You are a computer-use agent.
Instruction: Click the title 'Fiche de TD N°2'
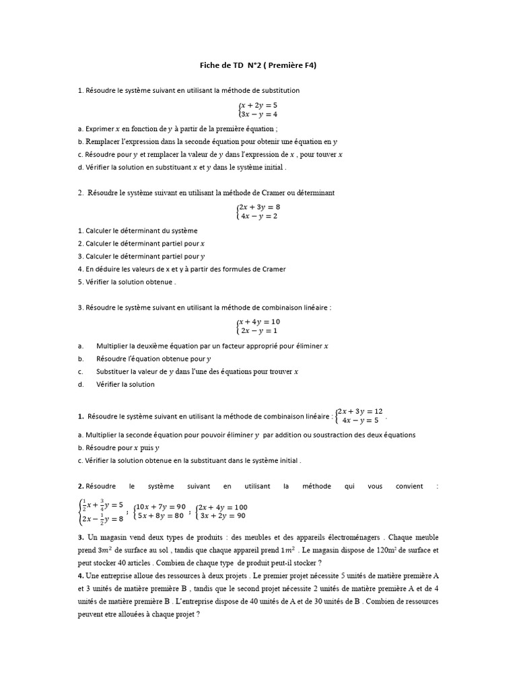tap(258, 65)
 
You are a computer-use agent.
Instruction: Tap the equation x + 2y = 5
tap(258, 105)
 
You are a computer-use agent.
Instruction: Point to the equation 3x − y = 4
tap(258, 114)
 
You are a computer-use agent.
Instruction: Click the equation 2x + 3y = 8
tap(258, 207)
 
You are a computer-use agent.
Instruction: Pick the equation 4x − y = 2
tap(258, 217)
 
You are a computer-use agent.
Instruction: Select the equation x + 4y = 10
tap(258, 322)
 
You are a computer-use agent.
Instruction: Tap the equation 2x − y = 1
tap(258, 331)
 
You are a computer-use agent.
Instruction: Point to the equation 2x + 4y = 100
tap(223, 507)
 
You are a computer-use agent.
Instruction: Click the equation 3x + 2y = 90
tap(223, 516)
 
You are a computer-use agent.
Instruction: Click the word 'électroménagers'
tap(339, 538)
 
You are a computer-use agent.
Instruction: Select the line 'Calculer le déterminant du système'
tap(137, 231)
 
